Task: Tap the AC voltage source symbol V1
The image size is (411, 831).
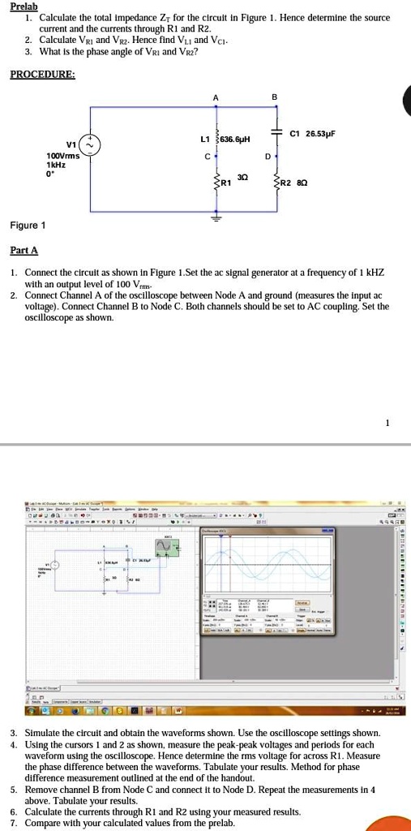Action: [x=94, y=144]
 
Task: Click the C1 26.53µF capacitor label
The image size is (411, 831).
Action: [x=312, y=133]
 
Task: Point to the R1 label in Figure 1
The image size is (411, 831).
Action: [x=226, y=183]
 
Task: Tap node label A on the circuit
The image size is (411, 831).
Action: [x=216, y=97]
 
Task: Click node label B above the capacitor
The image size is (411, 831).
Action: [x=274, y=97]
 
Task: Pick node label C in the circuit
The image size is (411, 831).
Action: [x=207, y=155]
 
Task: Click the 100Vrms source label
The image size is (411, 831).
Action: [x=62, y=154]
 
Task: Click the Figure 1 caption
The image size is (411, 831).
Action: [x=28, y=225]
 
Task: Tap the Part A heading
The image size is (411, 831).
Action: [x=24, y=250]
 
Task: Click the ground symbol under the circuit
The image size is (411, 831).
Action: [x=216, y=216]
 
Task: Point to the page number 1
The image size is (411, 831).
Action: [x=387, y=422]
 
